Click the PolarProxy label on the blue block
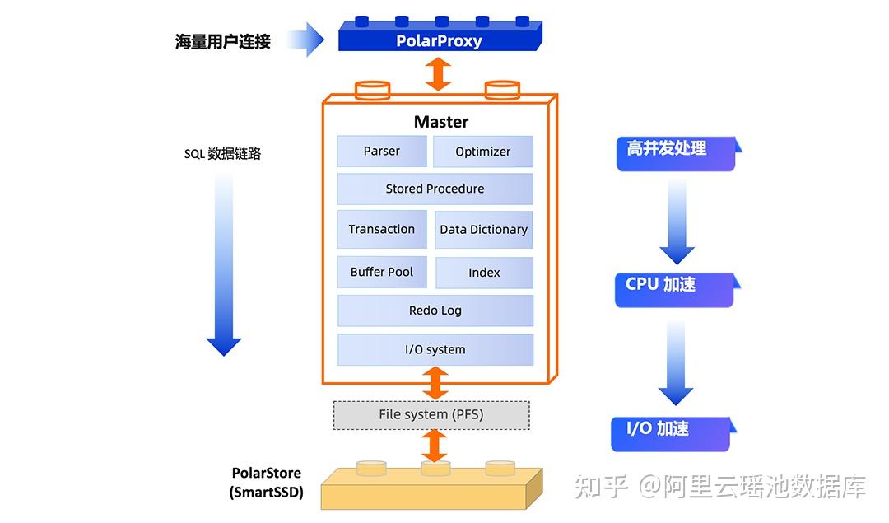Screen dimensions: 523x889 [439, 40]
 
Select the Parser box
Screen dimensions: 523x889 [382, 152]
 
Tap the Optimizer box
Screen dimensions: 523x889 [483, 152]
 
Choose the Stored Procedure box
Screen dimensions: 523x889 [435, 189]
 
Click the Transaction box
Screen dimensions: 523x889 [382, 229]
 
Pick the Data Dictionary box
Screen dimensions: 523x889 [483, 230]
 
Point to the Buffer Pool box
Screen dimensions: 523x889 [382, 272]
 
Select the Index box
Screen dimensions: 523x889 [484, 273]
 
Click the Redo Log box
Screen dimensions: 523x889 [435, 311]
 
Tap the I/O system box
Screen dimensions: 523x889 [435, 349]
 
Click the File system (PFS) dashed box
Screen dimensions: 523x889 [431, 414]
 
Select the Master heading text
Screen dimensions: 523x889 [441, 122]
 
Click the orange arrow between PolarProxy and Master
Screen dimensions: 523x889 [438, 74]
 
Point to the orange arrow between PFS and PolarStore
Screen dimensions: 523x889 [434, 445]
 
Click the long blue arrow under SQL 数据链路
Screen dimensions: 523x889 [224, 264]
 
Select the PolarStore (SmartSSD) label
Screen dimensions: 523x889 [266, 483]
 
